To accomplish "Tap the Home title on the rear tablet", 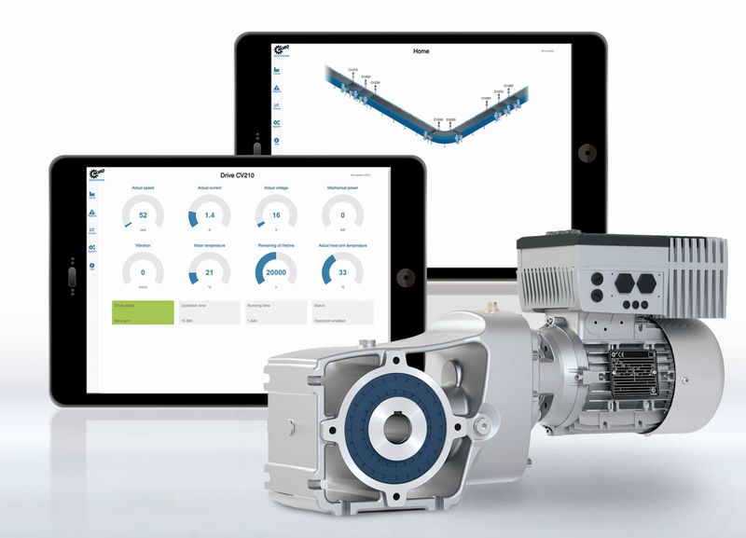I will pos(421,51).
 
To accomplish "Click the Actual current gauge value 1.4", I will pos(210,214).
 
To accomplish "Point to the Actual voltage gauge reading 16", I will pos(276,214).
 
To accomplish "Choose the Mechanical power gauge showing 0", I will pos(342,214).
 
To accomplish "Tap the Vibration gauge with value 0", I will pos(144,271).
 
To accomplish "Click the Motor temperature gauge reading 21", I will pos(210,271).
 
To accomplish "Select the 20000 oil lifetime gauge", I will pos(276,271).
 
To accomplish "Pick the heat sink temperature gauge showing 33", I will pos(342,271).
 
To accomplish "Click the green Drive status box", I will pos(143,311).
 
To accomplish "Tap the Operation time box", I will pos(209,311).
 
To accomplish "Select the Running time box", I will pos(276,311).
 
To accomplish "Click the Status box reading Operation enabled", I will pos(342,311).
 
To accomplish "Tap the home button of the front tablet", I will pos(404,277).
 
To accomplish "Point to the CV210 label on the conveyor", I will pos(353,70).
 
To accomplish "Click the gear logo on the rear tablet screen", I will pos(277,50).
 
